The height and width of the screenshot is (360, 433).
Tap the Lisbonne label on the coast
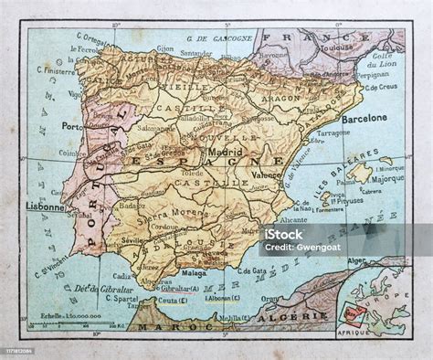point(46,206)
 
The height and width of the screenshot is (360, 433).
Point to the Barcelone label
point(365,118)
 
